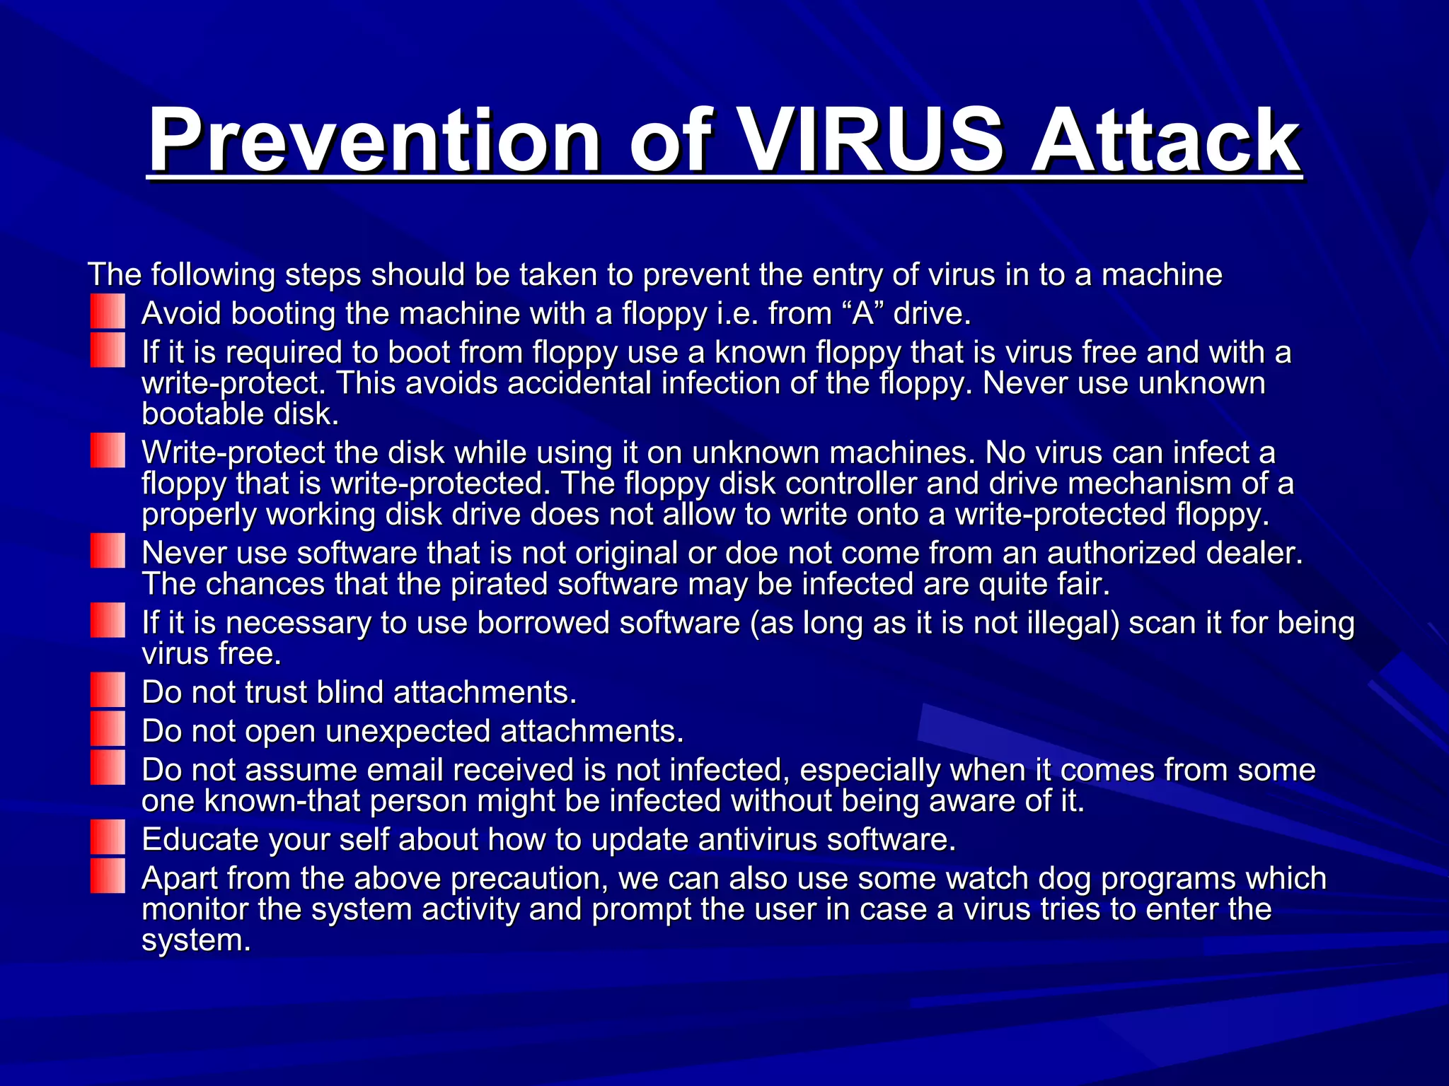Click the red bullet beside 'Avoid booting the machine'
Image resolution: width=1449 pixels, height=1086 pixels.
click(108, 312)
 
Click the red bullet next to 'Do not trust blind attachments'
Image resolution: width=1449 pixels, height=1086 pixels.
click(108, 691)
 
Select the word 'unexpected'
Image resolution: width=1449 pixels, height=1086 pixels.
click(408, 731)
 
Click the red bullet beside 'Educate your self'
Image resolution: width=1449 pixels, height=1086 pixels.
click(108, 838)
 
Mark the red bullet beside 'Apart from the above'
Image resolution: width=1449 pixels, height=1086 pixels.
click(108, 876)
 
